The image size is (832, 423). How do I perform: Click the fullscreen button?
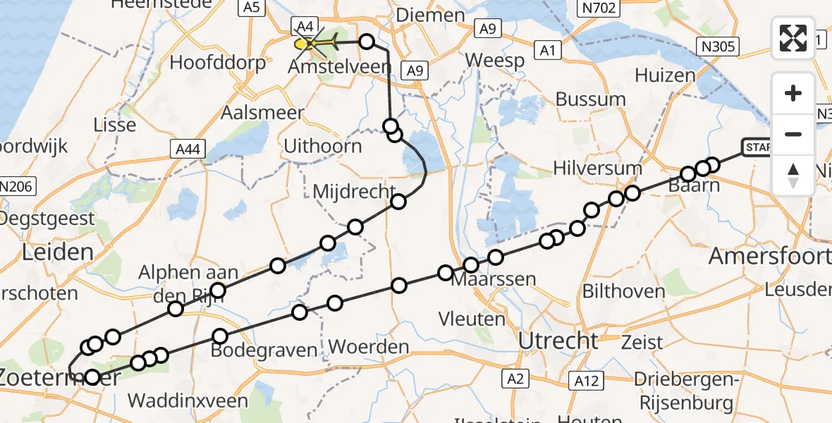pos(793,38)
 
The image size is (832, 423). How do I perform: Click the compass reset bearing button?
pos(793,176)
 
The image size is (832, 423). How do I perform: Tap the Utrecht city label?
pos(558,341)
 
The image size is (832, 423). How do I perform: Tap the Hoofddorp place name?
pos(218,63)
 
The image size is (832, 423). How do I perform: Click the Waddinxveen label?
pos(188,400)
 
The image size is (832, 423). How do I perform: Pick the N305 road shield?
pos(719,47)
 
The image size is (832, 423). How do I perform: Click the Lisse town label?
pos(115,125)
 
